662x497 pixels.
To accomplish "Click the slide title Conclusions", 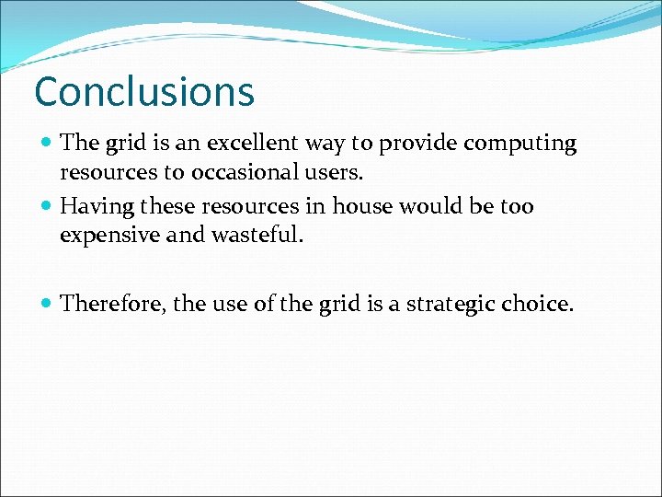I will (x=143, y=92).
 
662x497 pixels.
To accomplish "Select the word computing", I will (x=519, y=144).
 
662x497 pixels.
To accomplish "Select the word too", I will (x=517, y=206).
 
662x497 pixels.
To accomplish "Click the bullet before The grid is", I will (x=47, y=144).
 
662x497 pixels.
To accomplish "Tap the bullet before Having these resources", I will (x=47, y=206).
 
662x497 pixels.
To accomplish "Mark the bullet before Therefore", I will (x=47, y=304).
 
